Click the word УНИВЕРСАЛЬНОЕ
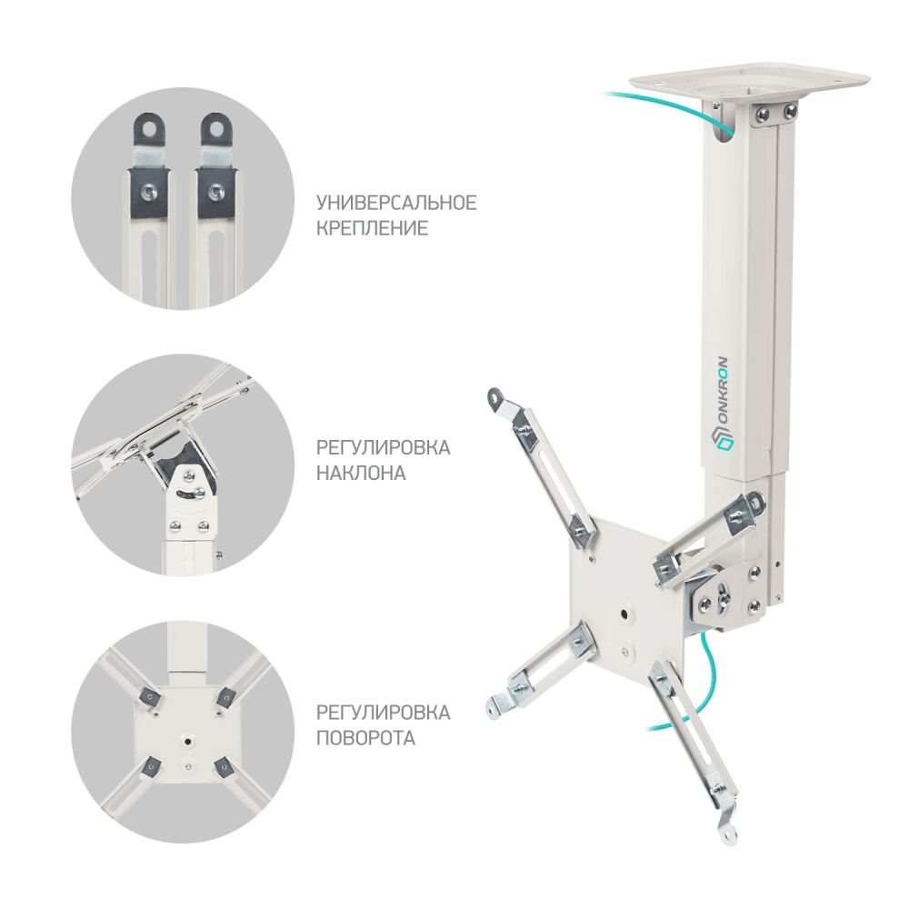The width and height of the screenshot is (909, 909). pyautogui.click(x=395, y=202)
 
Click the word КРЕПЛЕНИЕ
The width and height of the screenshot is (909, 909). pyautogui.click(x=372, y=228)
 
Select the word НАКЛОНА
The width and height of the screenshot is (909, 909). pyautogui.click(x=361, y=474)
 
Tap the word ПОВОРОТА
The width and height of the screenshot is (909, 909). pyautogui.click(x=365, y=737)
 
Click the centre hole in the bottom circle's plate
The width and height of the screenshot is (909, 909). pyautogui.click(x=186, y=739)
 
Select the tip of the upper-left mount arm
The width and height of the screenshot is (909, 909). pyautogui.click(x=494, y=397)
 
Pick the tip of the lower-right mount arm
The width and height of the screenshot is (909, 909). pyautogui.click(x=727, y=829)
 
